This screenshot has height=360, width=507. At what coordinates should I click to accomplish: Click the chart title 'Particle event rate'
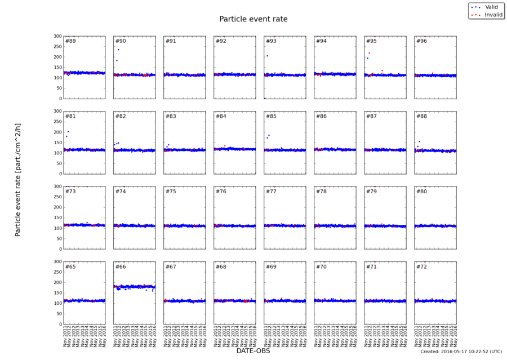(x=253, y=19)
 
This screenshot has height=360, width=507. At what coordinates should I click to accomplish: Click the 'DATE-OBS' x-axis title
(x=253, y=351)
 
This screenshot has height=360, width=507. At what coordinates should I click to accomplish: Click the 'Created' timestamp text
(x=461, y=352)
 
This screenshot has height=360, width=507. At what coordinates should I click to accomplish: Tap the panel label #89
(x=70, y=41)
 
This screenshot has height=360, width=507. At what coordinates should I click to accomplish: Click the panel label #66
(x=121, y=266)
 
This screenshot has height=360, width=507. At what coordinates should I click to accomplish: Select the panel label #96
(x=421, y=41)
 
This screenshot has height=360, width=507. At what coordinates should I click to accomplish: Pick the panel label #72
(x=421, y=266)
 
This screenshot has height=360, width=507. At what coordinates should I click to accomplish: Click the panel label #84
(x=221, y=116)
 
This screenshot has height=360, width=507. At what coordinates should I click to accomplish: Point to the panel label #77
(x=271, y=192)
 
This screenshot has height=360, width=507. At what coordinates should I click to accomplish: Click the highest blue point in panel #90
(x=118, y=50)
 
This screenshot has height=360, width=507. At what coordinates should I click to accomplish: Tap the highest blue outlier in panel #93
(x=267, y=56)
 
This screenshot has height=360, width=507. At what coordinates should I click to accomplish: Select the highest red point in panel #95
(x=369, y=53)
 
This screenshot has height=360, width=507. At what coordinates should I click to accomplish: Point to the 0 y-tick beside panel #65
(x=58, y=325)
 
